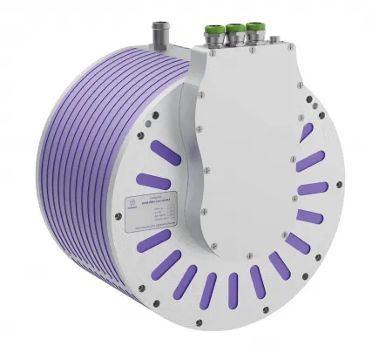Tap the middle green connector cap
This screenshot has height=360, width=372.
(x=233, y=34)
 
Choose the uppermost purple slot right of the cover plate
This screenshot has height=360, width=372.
(x=305, y=132)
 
